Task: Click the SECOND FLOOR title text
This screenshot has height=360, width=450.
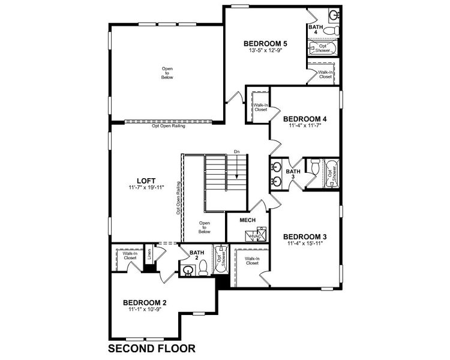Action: pyautogui.click(x=151, y=348)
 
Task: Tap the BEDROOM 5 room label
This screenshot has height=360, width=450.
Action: pyautogui.click(x=266, y=43)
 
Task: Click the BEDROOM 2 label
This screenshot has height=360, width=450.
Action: pyautogui.click(x=145, y=302)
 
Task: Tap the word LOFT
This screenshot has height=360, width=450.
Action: pyautogui.click(x=146, y=179)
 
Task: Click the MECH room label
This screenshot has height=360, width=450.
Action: pyautogui.click(x=248, y=220)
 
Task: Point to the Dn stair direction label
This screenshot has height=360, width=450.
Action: pyautogui.click(x=237, y=152)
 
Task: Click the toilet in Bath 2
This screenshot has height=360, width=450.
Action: pyautogui.click(x=203, y=268)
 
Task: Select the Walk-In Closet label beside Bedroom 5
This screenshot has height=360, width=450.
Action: pyautogui.click(x=325, y=74)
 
